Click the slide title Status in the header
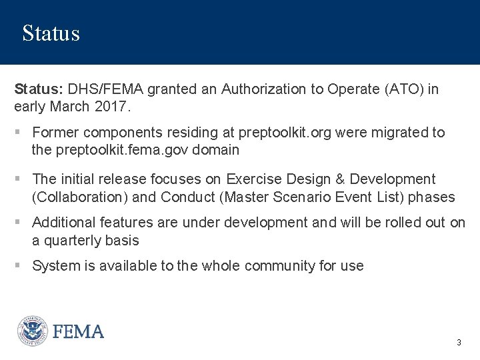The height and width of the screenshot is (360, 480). [51, 33]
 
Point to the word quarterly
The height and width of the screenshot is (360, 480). [78, 240]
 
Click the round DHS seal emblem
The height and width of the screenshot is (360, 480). [32, 331]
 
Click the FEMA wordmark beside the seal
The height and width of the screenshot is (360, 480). [79, 331]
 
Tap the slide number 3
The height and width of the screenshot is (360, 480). [459, 342]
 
